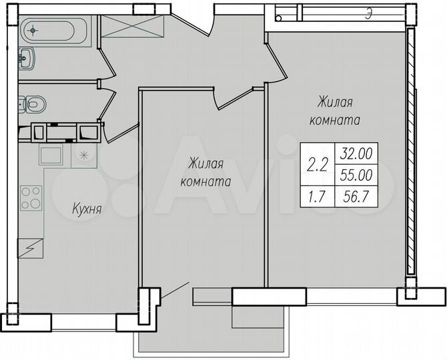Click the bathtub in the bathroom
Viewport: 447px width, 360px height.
(50, 29)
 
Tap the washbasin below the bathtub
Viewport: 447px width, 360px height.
(26, 59)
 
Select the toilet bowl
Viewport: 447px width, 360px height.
(33, 103)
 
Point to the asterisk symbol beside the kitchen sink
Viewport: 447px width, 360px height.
(83, 155)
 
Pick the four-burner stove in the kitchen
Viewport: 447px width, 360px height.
(31, 197)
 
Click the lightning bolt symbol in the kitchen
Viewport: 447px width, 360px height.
(31, 247)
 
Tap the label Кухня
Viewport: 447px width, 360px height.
(86, 209)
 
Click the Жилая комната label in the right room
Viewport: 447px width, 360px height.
(335, 111)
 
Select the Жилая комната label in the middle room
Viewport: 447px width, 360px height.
(205, 171)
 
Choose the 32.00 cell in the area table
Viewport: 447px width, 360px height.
(356, 153)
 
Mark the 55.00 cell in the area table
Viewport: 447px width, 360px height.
(356, 175)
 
